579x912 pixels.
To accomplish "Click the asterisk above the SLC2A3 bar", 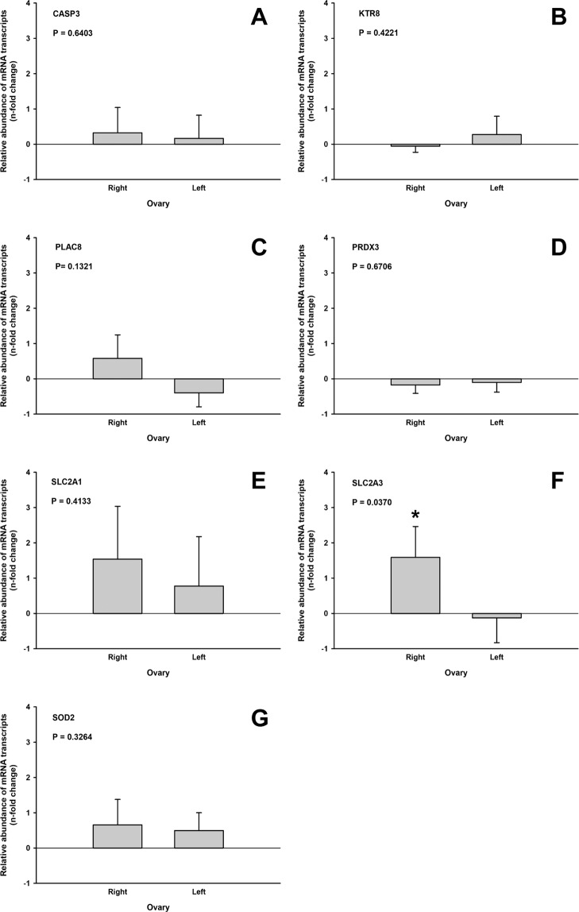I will (x=415, y=514).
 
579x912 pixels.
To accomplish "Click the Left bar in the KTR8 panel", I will (x=496, y=139).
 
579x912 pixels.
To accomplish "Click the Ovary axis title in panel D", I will (x=455, y=438).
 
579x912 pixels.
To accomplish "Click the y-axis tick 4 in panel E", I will (x=30, y=473).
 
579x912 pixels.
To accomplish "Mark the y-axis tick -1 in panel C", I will (x=29, y=414).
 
